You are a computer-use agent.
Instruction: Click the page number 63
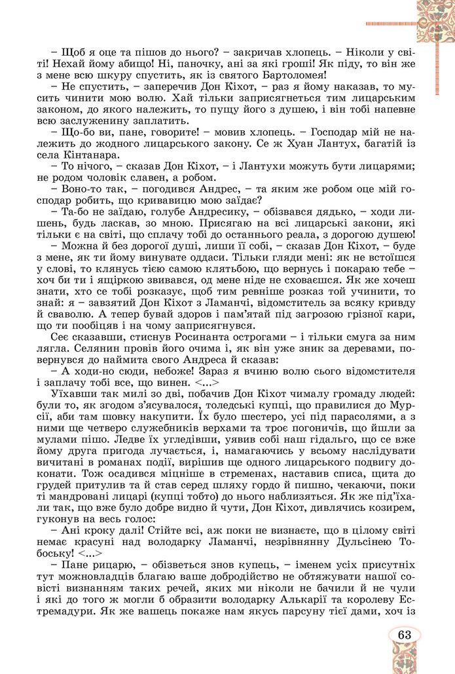[x=404, y=635]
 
